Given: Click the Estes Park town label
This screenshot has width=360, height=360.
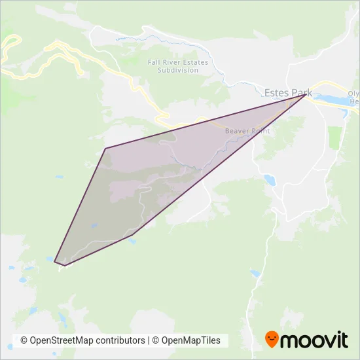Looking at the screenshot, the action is click(289, 92).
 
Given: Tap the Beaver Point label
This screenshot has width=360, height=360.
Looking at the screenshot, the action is click(247, 131).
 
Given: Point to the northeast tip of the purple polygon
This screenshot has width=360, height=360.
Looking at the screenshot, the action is click(304, 95).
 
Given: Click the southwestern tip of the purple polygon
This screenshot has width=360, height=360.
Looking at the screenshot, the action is click(55, 262).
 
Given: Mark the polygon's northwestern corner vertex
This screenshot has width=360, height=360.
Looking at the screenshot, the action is click(105, 149).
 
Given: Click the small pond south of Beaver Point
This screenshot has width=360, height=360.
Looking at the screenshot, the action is click(268, 179).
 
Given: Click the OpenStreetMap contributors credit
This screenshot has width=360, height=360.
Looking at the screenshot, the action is click(82, 340).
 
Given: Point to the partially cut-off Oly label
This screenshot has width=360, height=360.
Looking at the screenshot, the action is click(353, 94).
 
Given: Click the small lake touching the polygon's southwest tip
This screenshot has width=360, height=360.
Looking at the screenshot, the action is click(50, 259).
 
